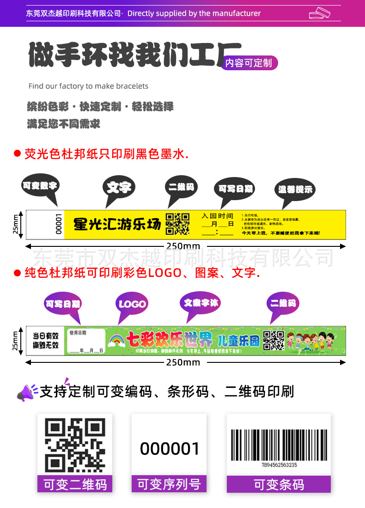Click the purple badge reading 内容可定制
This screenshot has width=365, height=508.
click(x=249, y=63)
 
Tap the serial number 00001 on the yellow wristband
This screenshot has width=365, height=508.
click(x=59, y=224)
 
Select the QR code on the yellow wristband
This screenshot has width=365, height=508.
click(x=178, y=224)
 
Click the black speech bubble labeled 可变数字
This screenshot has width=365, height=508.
click(x=40, y=186)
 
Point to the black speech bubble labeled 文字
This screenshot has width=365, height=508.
click(x=118, y=188)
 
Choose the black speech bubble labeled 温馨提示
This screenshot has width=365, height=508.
click(x=295, y=190)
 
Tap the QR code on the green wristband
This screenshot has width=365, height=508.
click(x=274, y=341)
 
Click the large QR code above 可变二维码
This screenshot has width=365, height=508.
click(x=74, y=445)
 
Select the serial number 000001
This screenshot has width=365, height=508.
click(x=170, y=448)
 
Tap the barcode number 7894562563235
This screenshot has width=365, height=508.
click(x=279, y=465)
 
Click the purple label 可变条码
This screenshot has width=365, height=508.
click(x=279, y=484)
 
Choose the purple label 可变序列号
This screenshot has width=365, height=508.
click(x=169, y=484)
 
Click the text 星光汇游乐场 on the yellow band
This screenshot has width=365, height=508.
click(x=117, y=225)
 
